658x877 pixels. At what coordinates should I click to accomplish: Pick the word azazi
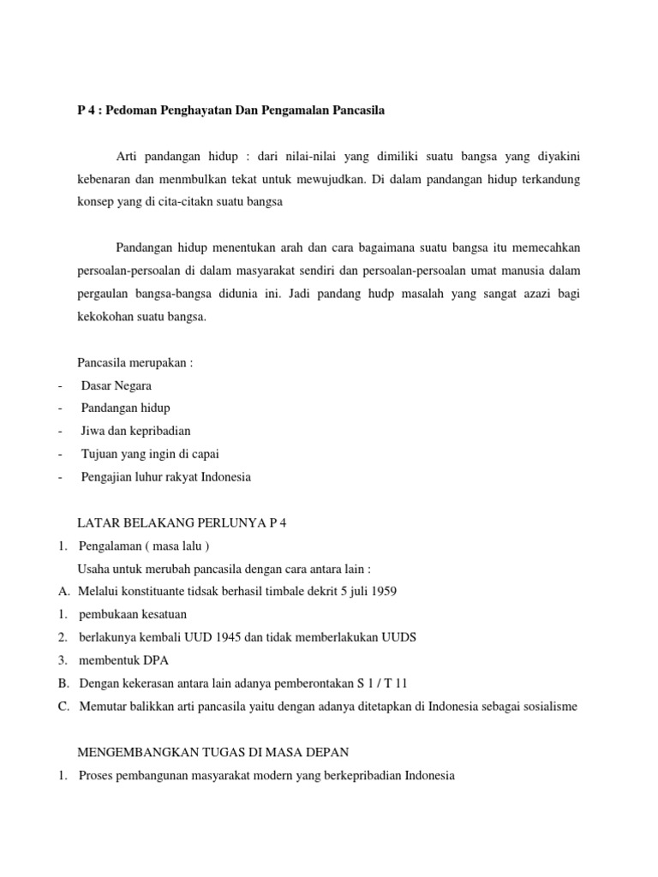point(535,294)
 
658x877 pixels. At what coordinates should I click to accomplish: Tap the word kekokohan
point(105,317)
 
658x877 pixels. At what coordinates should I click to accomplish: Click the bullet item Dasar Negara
point(117,385)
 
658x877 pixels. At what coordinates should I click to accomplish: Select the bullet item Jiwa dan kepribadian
point(136,431)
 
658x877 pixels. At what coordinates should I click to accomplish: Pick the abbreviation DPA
point(149,660)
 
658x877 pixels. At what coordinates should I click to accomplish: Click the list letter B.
point(63,683)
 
